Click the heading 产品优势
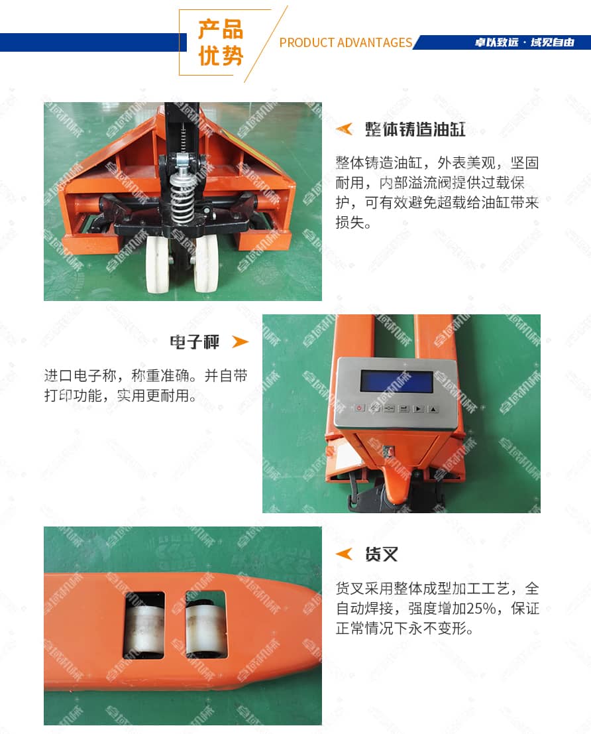point(221,42)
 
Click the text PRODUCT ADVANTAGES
point(346,42)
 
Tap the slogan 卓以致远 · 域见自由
point(525,42)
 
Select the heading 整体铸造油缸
point(415,129)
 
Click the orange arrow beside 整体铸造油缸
point(345,129)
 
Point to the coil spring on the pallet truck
point(182,196)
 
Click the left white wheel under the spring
point(157,263)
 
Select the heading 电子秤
point(195,342)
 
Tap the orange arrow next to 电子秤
point(240,341)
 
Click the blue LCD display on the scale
point(396,381)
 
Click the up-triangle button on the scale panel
point(433,409)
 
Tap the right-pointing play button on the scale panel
point(418,408)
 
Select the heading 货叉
point(382,554)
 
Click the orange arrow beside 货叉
point(345,554)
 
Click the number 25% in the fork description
point(481,608)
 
